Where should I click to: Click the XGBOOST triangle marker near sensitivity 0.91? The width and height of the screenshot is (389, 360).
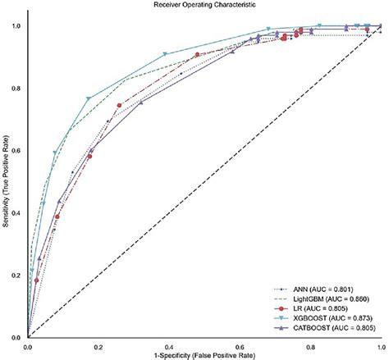166,54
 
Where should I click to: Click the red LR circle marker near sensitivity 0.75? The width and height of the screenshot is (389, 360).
120,105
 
